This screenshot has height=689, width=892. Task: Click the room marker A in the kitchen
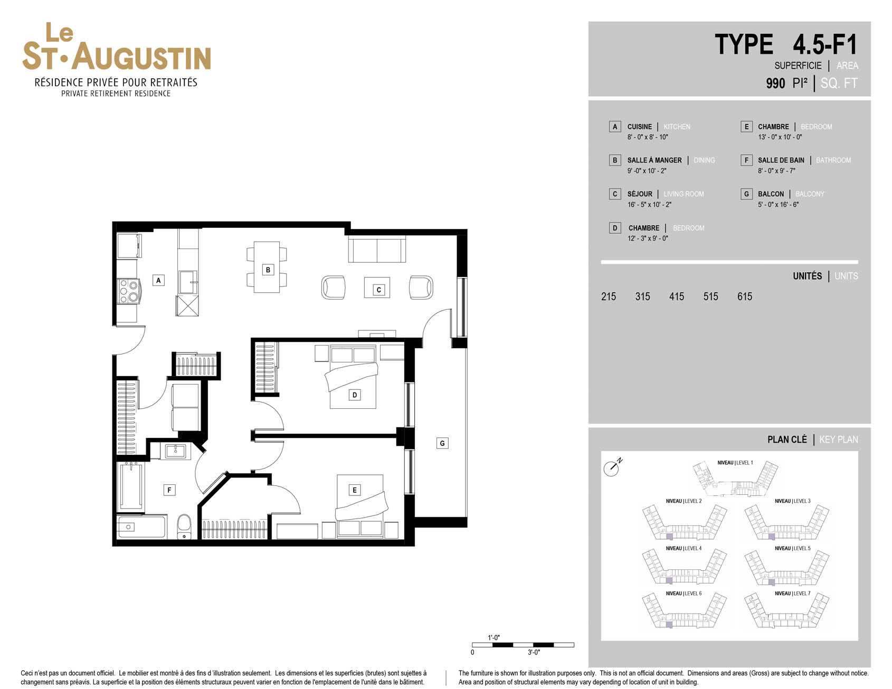tap(158, 280)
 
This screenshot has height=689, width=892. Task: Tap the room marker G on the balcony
tap(442, 443)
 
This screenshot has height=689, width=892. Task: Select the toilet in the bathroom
tap(184, 527)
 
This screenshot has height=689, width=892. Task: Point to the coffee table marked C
tap(378, 288)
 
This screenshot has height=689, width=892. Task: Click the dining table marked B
tap(267, 267)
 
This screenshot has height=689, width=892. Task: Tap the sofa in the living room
tap(377, 250)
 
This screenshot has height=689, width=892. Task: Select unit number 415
tap(677, 296)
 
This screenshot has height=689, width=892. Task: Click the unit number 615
tap(745, 296)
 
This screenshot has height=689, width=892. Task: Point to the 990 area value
tap(775, 83)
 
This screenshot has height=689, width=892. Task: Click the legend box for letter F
tap(746, 160)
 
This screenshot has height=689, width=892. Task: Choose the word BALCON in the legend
tap(771, 194)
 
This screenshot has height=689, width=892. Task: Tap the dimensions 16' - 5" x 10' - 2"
tap(649, 205)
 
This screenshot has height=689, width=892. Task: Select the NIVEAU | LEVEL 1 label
tap(735, 463)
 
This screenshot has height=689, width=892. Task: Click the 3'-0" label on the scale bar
tap(534, 653)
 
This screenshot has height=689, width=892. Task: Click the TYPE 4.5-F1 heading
tap(786, 44)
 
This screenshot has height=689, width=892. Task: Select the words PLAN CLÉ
tap(787, 439)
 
